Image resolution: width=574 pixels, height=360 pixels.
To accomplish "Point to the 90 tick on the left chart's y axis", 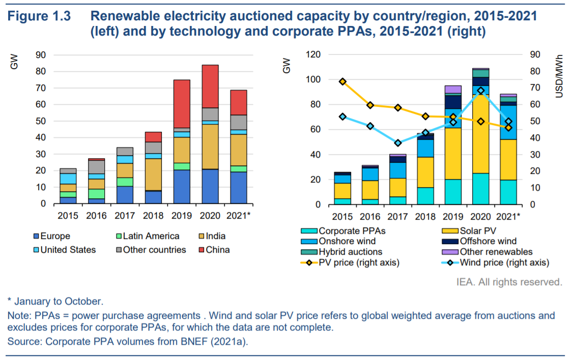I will coord(41,55).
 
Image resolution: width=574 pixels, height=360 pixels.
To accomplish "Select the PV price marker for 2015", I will coord(342,81).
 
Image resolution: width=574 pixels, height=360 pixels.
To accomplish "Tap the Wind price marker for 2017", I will coord(398,143).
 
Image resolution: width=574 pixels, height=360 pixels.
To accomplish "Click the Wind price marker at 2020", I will coord(480,91).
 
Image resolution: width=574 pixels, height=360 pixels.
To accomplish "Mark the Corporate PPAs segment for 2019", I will coord(453,192).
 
